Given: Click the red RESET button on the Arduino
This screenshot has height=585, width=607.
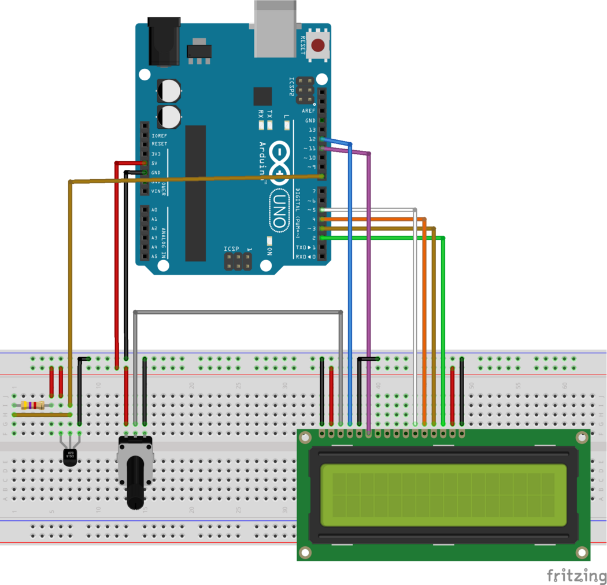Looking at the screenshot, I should [318, 45].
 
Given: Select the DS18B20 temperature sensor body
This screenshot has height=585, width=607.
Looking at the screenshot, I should [70, 456].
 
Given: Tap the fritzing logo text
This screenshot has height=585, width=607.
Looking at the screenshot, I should [577, 575].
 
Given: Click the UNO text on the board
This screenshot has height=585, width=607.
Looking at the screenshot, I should [278, 209].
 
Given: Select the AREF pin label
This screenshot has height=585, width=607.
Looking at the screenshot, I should [308, 110].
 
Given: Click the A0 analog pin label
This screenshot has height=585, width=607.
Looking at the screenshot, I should [154, 210].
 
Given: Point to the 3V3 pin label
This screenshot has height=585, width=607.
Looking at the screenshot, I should [156, 154].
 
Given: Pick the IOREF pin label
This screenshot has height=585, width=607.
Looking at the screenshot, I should [159, 135].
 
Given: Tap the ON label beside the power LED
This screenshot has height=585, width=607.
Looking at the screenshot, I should [269, 251].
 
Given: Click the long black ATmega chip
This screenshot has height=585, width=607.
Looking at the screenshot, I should [195, 193].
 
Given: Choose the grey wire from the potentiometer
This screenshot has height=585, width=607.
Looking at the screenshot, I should [237, 312].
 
